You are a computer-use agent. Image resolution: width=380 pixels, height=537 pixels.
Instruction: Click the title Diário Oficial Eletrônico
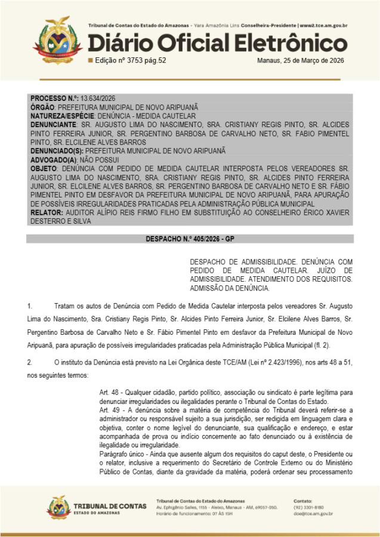218,43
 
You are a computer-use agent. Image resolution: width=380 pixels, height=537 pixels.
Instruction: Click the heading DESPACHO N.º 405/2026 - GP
190,239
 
